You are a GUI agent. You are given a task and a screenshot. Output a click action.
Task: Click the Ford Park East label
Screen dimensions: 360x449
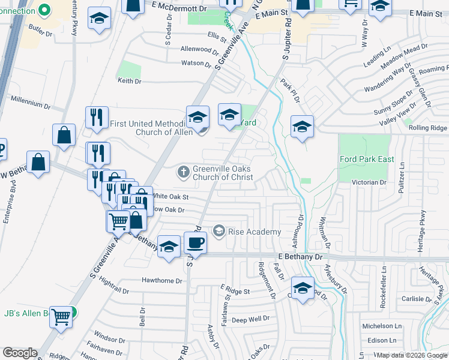point(366,159)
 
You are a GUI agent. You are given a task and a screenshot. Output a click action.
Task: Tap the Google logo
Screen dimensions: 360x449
point(20,353)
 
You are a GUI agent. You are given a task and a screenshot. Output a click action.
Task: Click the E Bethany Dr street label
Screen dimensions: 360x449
point(300,256)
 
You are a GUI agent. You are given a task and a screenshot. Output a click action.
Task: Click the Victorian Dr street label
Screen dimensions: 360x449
point(369,182)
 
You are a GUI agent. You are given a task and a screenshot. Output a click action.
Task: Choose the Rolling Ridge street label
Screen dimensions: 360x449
point(427,128)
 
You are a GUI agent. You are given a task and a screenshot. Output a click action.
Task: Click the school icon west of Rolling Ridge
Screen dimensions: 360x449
point(303,126)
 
